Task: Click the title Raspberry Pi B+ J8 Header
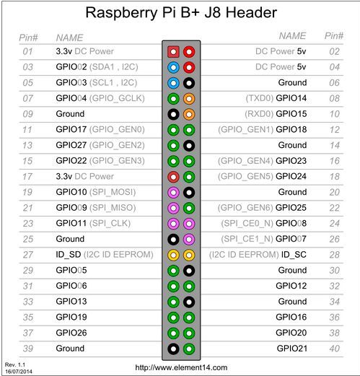click(180, 13)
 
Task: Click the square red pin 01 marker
click(173, 52)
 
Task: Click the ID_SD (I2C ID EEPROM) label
click(102, 254)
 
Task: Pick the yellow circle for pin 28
click(188, 254)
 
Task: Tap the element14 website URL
click(180, 367)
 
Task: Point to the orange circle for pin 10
click(188, 114)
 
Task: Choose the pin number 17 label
click(28, 176)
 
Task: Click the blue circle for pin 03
click(173, 67)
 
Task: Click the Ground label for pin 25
click(70, 239)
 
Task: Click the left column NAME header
click(69, 36)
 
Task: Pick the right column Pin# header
click(333, 35)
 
